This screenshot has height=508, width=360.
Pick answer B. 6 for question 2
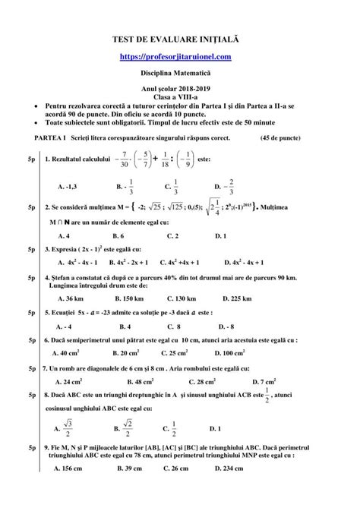(x=121, y=235)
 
